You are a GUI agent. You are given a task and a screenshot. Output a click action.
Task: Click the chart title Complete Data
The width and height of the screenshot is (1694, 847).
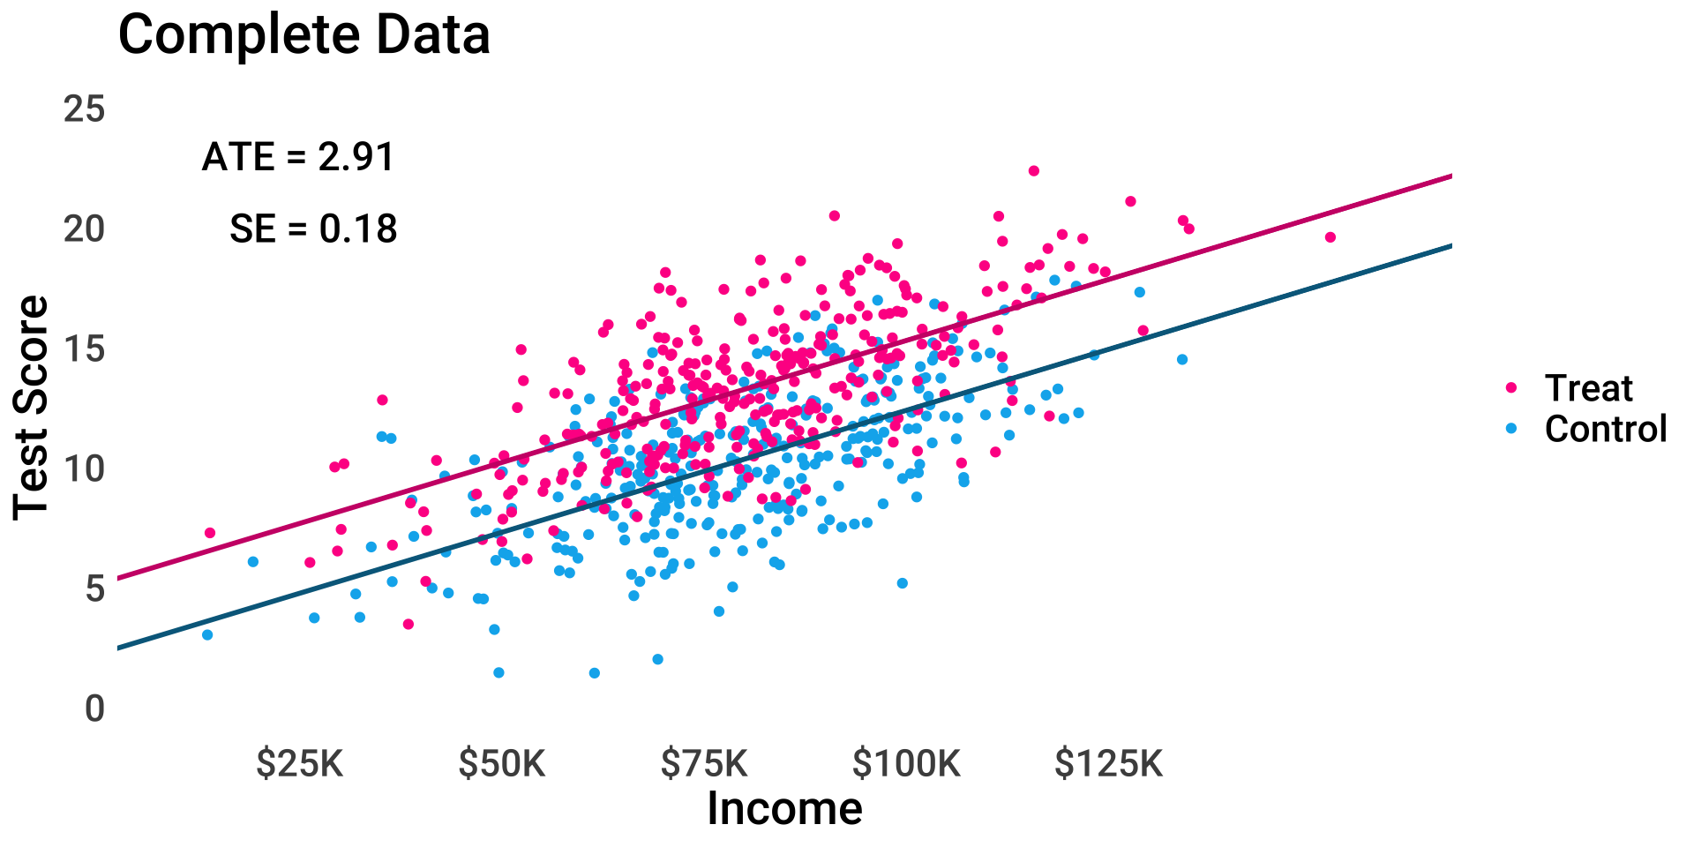pyautogui.click(x=304, y=35)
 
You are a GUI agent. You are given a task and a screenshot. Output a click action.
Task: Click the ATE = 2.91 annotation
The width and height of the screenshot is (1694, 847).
pyautogui.click(x=298, y=157)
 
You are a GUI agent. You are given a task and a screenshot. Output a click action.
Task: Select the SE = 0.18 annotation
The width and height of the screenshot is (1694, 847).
pyautogui.click(x=313, y=229)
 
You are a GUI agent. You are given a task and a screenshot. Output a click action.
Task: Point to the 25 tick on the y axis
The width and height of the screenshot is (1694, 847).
pyautogui.click(x=85, y=109)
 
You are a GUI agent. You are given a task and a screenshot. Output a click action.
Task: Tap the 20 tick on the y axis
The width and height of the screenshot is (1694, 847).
pyautogui.click(x=85, y=229)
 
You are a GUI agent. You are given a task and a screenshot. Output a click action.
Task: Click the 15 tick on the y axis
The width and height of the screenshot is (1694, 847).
pyautogui.click(x=85, y=349)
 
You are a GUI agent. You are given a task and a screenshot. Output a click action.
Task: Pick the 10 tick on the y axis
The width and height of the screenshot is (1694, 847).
pyautogui.click(x=85, y=468)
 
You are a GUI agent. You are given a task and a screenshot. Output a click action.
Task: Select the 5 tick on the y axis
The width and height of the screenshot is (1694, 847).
pyautogui.click(x=94, y=588)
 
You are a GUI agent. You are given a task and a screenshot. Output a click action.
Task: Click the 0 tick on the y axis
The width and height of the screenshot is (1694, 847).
pyautogui.click(x=94, y=708)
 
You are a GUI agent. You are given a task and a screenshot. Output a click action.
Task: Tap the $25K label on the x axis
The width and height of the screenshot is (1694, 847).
pyautogui.click(x=300, y=764)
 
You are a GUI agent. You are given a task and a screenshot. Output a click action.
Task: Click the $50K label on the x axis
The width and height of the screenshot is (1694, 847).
pyautogui.click(x=502, y=764)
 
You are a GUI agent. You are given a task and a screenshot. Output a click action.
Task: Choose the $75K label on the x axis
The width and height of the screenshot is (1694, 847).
pyautogui.click(x=704, y=764)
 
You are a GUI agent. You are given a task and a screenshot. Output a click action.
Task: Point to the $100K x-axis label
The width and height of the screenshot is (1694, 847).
pyautogui.click(x=906, y=764)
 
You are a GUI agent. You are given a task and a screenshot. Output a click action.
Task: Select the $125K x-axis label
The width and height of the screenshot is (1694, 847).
pyautogui.click(x=1109, y=764)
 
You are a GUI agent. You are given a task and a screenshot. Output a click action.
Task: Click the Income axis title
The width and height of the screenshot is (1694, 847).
pyautogui.click(x=784, y=809)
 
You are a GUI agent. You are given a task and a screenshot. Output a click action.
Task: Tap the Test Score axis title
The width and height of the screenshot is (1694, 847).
pyautogui.click(x=32, y=408)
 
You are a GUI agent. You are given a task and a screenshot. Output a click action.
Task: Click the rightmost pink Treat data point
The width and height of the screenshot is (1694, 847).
pyautogui.click(x=1330, y=237)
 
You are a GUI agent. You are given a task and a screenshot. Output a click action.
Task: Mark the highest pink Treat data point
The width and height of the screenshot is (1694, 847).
pyautogui.click(x=1034, y=171)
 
